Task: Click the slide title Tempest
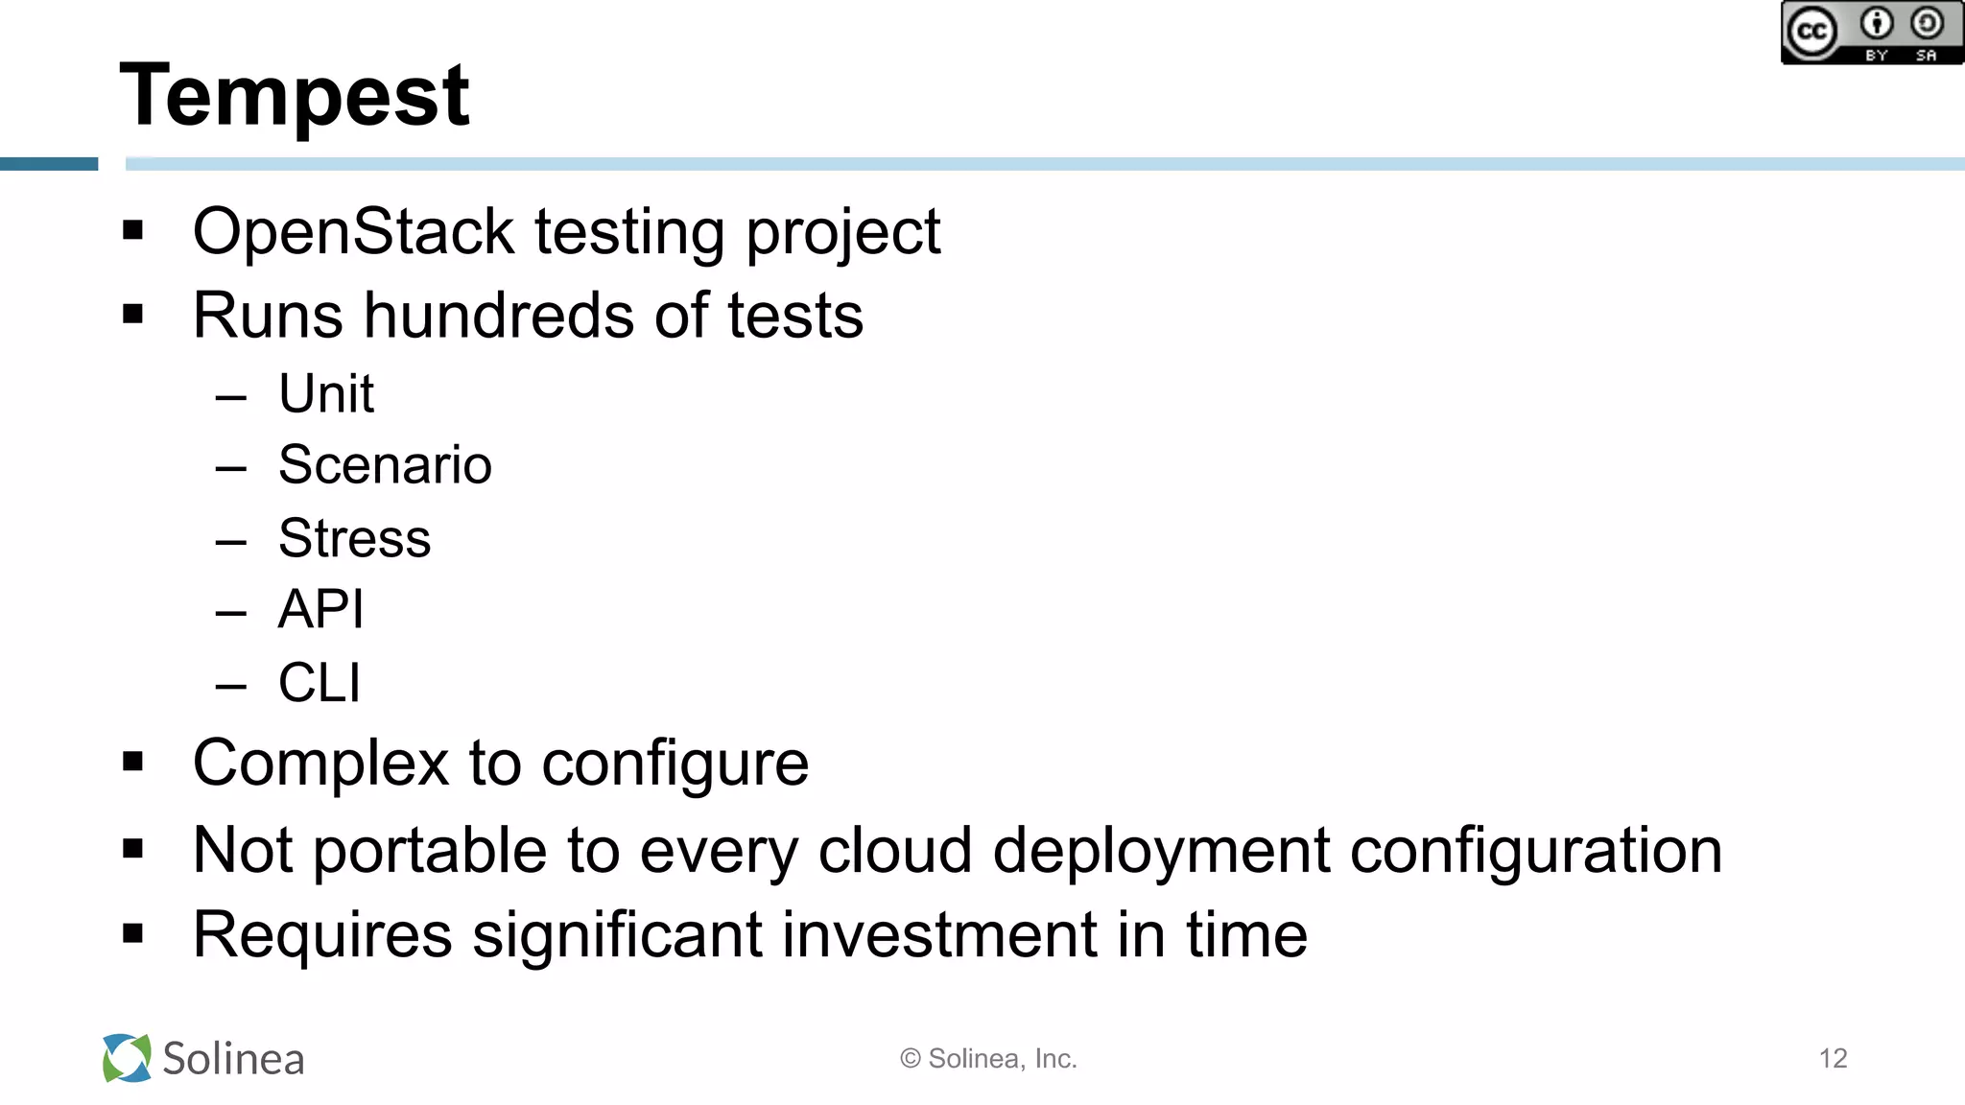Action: [x=294, y=96]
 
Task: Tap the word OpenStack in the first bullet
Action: [x=353, y=232]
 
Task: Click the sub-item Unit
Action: [x=325, y=393]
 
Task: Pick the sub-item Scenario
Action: [x=385, y=465]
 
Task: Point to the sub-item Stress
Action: [x=354, y=538]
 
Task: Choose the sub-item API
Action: [x=320, y=609]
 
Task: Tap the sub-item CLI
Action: [x=319, y=683]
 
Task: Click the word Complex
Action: [x=320, y=764]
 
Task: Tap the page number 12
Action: [x=1833, y=1058]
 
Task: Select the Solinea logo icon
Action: [x=127, y=1058]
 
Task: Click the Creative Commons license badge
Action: [x=1872, y=33]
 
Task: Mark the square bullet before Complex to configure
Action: [x=132, y=763]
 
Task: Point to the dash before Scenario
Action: [x=231, y=468]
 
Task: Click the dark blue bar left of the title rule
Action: [x=49, y=164]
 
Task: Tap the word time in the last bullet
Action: [x=1246, y=935]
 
